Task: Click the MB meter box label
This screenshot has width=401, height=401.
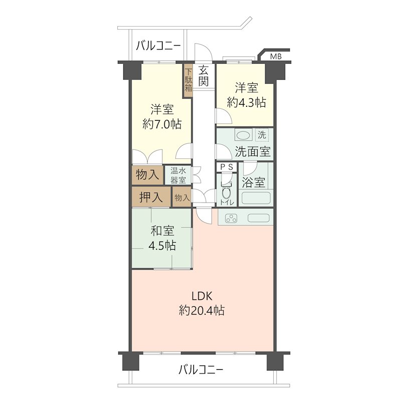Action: pyautogui.click(x=276, y=56)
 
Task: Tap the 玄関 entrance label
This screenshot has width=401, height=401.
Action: pyautogui.click(x=204, y=76)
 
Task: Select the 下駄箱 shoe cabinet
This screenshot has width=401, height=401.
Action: pyautogui.click(x=188, y=80)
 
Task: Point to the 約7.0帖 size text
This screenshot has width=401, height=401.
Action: pyautogui.click(x=162, y=124)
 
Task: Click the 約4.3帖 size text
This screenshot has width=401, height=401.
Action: pyautogui.click(x=246, y=102)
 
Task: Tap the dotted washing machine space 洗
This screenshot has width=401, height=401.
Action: pyautogui.click(x=262, y=135)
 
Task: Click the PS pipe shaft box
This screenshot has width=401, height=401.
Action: pyautogui.click(x=227, y=167)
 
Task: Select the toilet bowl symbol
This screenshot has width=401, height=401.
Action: pyautogui.click(x=227, y=190)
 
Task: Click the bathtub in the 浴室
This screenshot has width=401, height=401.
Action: pyautogui.click(x=256, y=198)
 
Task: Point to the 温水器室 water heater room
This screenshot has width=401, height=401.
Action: pyautogui.click(x=178, y=175)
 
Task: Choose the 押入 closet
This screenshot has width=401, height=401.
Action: pyautogui.click(x=151, y=197)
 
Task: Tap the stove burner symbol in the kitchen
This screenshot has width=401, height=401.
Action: pyautogui.click(x=231, y=219)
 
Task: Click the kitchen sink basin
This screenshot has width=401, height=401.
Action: pyautogui.click(x=258, y=218)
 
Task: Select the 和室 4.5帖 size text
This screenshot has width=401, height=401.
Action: pyautogui.click(x=162, y=246)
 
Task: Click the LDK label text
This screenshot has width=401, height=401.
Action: pyautogui.click(x=202, y=296)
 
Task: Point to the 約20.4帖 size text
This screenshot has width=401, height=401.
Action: pyautogui.click(x=202, y=310)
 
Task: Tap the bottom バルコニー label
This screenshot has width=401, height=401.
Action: pyautogui.click(x=201, y=369)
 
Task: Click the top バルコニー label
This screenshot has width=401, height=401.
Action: pyautogui.click(x=158, y=46)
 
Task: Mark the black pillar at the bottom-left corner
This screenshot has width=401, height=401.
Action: pyautogui.click(x=131, y=361)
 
